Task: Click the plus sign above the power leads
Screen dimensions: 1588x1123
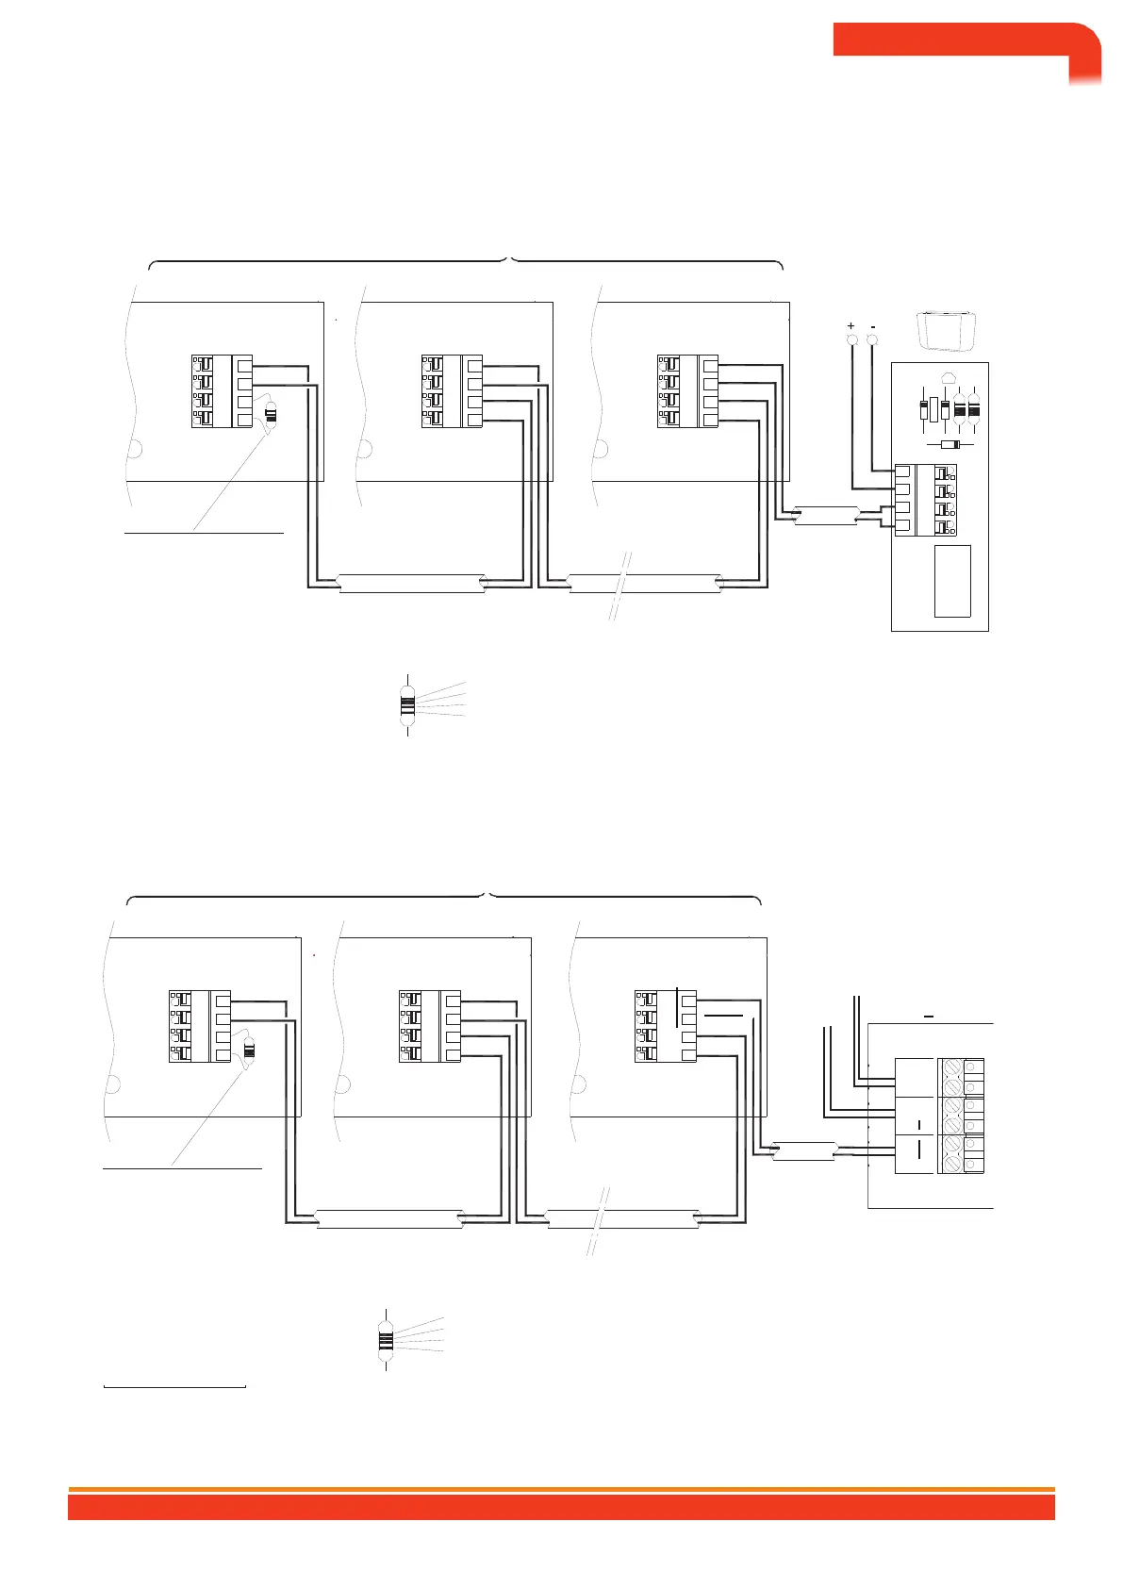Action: pyautogui.click(x=851, y=324)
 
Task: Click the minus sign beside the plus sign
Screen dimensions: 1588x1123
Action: pyautogui.click(x=873, y=324)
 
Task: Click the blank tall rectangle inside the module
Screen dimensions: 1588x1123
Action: pyautogui.click(x=952, y=581)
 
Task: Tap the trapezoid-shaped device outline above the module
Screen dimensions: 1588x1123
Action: pyautogui.click(x=946, y=330)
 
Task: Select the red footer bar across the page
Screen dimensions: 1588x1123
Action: pyautogui.click(x=561, y=1507)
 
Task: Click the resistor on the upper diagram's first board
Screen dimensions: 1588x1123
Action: pyautogui.click(x=272, y=413)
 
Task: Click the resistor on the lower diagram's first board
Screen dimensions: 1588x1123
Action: pyautogui.click(x=250, y=1048)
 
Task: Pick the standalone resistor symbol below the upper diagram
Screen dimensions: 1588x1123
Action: pyautogui.click(x=407, y=704)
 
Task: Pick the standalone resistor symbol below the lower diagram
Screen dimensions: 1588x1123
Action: pyautogui.click(x=386, y=1339)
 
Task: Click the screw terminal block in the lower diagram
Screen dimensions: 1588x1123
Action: pyautogui.click(x=961, y=1117)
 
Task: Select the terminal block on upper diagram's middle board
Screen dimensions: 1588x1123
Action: pyautogui.click(x=452, y=391)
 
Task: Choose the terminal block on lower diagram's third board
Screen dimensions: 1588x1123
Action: pyautogui.click(x=666, y=1026)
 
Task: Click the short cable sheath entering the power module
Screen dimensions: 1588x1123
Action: pyautogui.click(x=826, y=517)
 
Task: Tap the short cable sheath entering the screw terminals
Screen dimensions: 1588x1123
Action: pyautogui.click(x=803, y=1150)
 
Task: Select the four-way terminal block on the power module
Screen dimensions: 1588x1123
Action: pyautogui.click(x=925, y=500)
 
